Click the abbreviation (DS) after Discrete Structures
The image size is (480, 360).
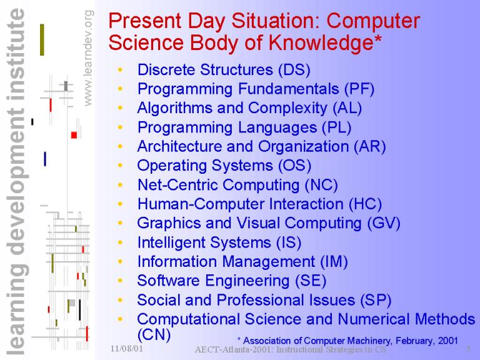tap(294, 70)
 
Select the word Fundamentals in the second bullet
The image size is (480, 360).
tap(288, 89)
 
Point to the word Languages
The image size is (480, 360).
tap(277, 127)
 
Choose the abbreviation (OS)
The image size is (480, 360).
tap(294, 166)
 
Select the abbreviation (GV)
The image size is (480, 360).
tap(384, 223)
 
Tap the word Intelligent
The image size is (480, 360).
tap(171, 242)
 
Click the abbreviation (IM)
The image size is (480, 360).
tap(334, 262)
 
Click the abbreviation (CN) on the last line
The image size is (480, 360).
tap(154, 334)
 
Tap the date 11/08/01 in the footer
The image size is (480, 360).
tap(126, 348)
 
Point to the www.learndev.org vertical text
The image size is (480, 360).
tap(88, 58)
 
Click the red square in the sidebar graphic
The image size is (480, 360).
tap(74, 135)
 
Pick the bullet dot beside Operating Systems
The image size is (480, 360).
tap(120, 166)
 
